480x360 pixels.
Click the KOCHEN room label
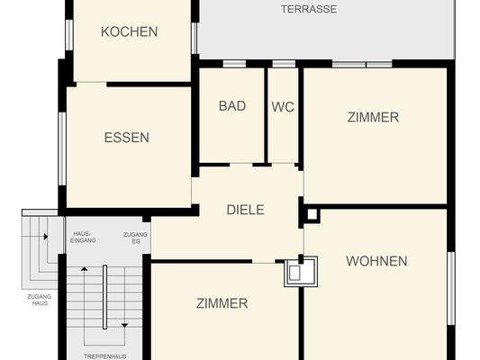[x=129, y=31]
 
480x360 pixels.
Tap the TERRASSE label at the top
[x=309, y=9]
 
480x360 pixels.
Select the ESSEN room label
[x=126, y=138]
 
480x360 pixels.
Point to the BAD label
[x=232, y=105]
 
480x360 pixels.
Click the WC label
[x=283, y=105]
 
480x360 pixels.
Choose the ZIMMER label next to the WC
[x=373, y=117]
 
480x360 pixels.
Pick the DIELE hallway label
[x=245, y=210]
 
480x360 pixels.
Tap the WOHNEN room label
[x=376, y=261]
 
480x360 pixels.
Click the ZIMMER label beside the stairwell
[x=222, y=303]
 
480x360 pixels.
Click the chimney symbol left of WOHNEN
[x=299, y=270]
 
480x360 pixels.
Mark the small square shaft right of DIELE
[x=312, y=214]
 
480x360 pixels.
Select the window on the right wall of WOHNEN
[x=451, y=287]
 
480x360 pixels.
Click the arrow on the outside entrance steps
[x=42, y=236]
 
